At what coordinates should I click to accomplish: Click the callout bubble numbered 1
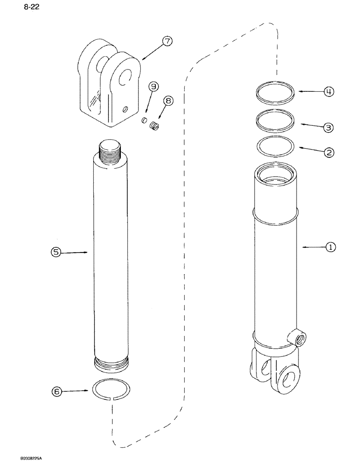330,247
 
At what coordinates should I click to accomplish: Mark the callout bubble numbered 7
167,41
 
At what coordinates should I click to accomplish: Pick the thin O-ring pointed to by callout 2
276,147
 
